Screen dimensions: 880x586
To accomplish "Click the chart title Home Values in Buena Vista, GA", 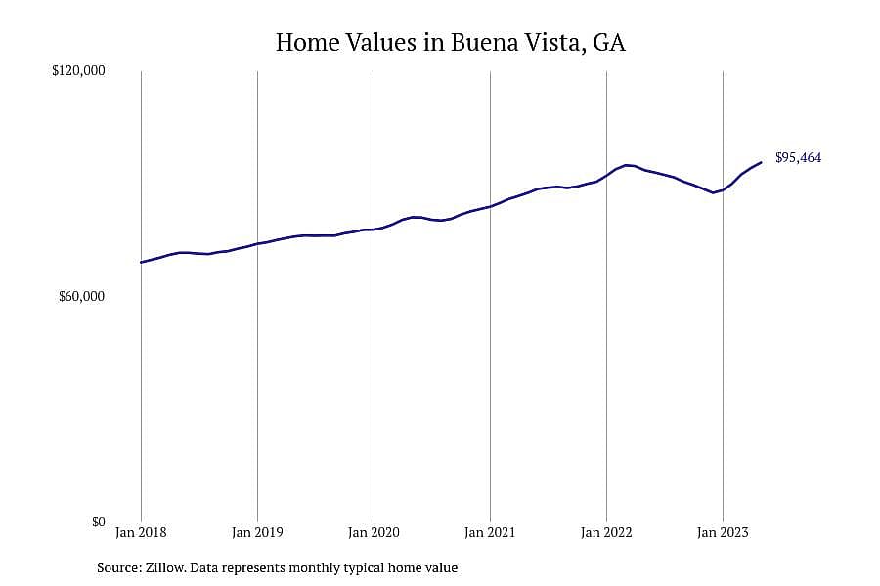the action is pos(450,43).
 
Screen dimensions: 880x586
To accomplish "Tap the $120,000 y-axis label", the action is pos(78,71).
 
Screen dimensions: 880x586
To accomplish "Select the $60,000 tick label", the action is pos(81,296).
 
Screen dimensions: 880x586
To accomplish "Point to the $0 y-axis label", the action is pos(98,523).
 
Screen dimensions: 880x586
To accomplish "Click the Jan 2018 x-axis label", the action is pos(141,532).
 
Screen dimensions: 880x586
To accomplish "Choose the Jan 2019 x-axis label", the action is pos(257,532).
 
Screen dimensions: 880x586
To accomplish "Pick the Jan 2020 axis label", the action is pos(374,532).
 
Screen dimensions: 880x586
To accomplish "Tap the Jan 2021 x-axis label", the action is pos(490,532).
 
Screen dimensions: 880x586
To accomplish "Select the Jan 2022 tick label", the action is pos(606,532).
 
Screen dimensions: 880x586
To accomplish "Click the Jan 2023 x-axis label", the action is pos(723,532).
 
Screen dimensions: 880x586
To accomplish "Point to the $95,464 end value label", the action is pos(798,158).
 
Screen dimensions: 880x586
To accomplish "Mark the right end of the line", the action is pos(761,163).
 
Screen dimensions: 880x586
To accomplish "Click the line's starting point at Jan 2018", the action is pos(141,262).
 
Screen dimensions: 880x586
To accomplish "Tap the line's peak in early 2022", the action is pos(627,165).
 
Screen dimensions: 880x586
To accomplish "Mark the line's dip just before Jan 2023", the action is pos(714,193).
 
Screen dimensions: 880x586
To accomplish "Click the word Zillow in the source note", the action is pos(165,568).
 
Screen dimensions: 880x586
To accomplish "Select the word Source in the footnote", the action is pos(118,568).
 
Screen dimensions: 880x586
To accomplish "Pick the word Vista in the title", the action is pos(550,43).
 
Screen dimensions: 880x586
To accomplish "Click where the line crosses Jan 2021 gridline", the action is pos(490,207).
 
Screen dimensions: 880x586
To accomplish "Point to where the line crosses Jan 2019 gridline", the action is pos(257,244).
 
